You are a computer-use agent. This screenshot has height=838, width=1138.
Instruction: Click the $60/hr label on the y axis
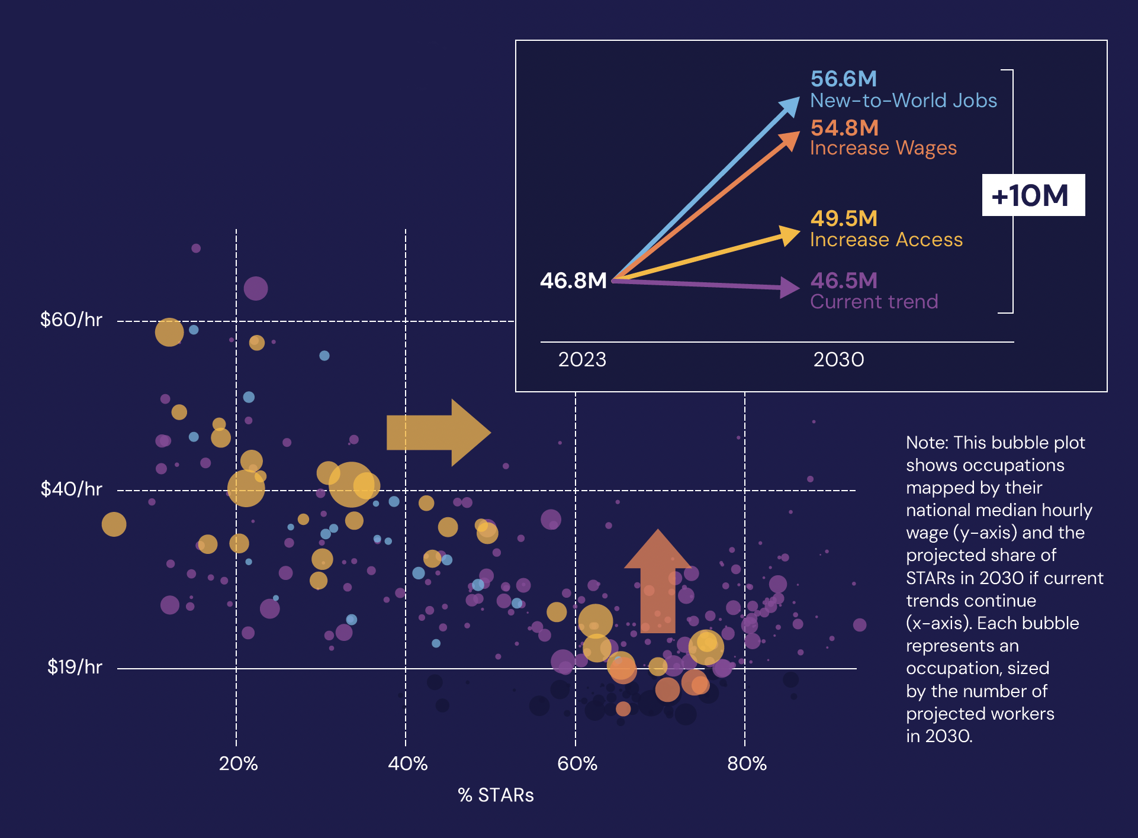click(71, 320)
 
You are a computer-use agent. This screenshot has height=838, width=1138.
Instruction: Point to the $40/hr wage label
click(71, 489)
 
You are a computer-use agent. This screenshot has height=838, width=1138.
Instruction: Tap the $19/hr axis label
click(75, 668)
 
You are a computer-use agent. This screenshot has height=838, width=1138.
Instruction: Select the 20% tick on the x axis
click(238, 764)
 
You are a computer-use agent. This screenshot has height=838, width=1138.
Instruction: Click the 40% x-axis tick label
click(407, 764)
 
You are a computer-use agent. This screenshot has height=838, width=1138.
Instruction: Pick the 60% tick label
click(577, 764)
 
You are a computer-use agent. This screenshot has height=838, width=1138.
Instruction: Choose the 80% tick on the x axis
click(747, 764)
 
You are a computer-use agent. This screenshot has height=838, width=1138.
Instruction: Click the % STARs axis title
click(496, 795)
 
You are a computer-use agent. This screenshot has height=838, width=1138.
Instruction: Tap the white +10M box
click(1033, 195)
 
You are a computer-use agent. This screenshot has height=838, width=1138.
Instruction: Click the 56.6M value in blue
click(844, 79)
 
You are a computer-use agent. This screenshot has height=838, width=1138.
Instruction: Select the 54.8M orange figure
click(844, 128)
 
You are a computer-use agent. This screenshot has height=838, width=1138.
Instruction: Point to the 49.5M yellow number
click(844, 218)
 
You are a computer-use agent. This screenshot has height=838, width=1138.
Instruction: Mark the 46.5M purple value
click(844, 281)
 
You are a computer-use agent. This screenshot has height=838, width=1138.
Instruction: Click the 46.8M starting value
click(573, 281)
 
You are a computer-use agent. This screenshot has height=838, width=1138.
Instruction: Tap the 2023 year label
click(582, 360)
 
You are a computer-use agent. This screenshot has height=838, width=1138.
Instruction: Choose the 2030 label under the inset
click(838, 360)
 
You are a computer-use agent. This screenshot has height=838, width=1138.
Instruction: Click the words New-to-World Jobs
click(904, 101)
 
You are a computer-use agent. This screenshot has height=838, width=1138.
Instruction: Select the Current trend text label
click(874, 302)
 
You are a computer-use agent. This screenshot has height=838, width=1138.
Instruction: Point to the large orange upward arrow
click(658, 583)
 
